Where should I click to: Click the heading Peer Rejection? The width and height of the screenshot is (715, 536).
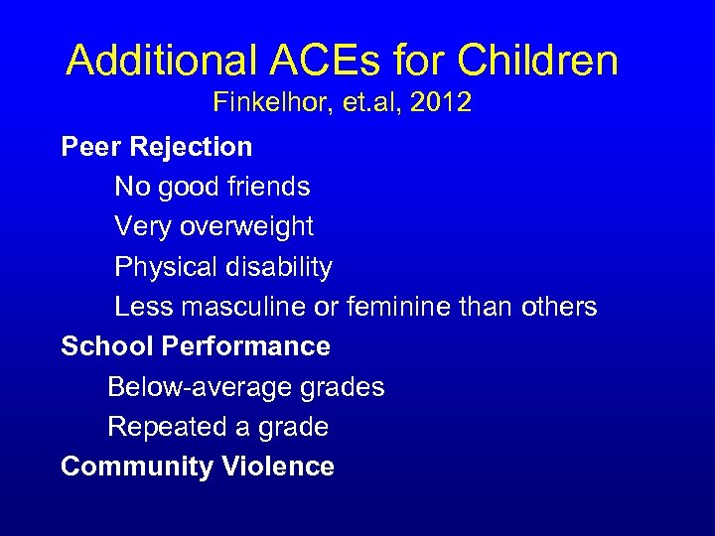(157, 147)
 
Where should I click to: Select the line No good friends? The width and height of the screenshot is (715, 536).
(213, 187)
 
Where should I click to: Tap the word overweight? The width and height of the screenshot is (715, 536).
(246, 226)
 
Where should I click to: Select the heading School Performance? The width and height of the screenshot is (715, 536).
(196, 346)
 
